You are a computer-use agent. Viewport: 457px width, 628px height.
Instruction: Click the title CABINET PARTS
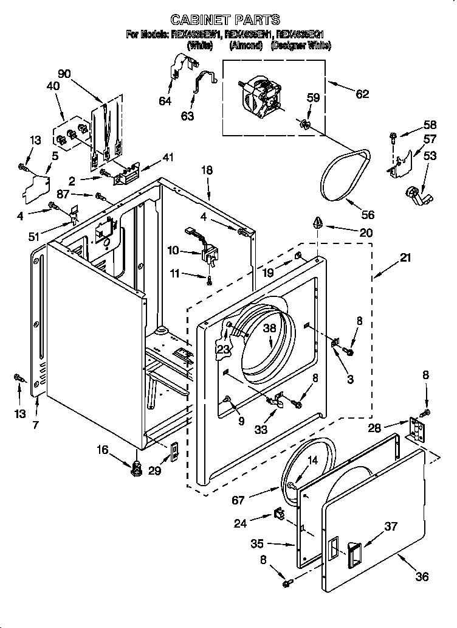pos(225,19)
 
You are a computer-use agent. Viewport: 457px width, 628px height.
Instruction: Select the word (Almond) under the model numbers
pos(246,46)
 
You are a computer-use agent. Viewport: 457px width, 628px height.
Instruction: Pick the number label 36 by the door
pos(421,576)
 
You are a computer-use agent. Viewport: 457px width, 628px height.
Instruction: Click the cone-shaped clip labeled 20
pos(317,223)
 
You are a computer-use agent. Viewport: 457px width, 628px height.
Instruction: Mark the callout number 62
pos(362,94)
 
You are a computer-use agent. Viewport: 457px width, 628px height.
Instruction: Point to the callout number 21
pos(404,257)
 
